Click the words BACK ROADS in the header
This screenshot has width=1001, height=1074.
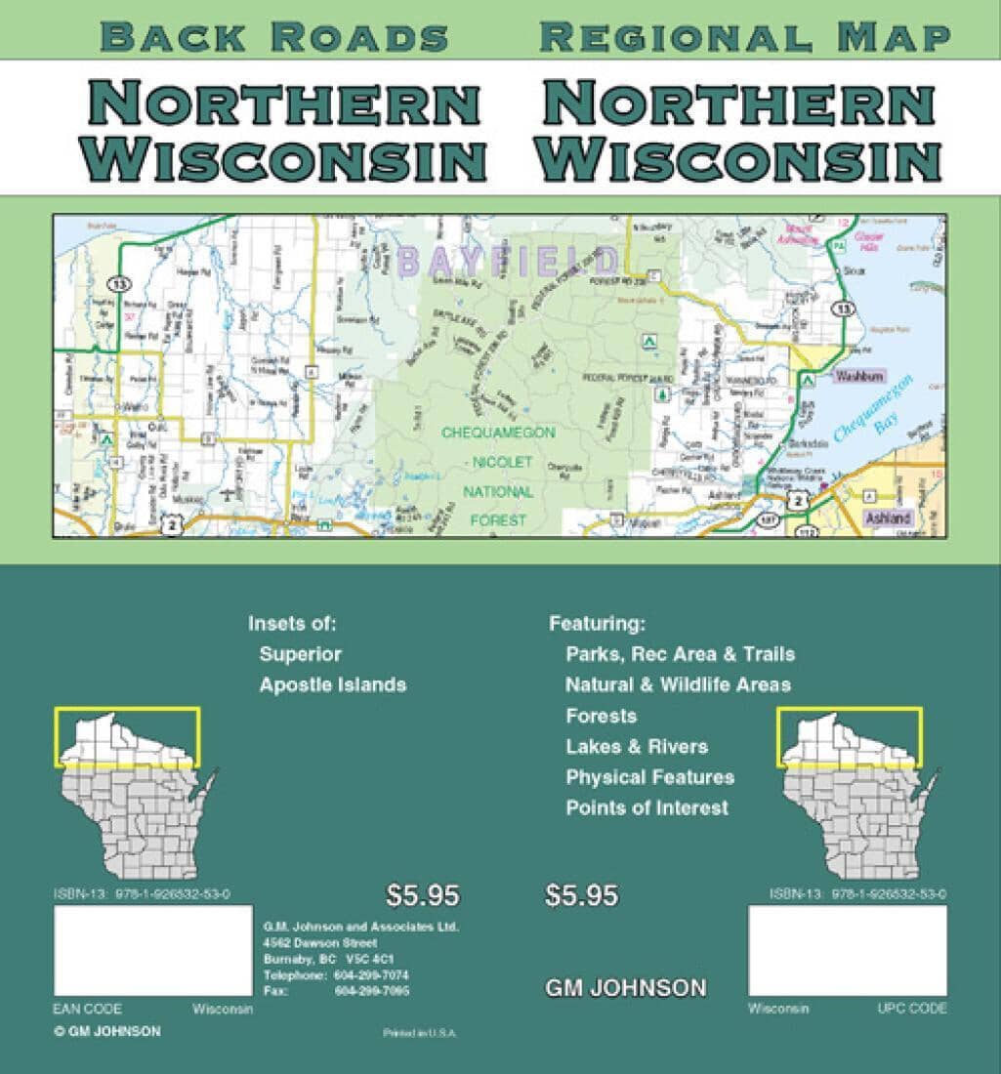pyautogui.click(x=274, y=37)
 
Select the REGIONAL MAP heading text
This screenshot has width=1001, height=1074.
pyautogui.click(x=745, y=37)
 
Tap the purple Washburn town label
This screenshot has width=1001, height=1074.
pyautogui.click(x=858, y=375)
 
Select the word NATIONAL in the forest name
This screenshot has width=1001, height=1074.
pyautogui.click(x=498, y=492)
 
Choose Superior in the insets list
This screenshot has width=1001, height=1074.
pyautogui.click(x=300, y=654)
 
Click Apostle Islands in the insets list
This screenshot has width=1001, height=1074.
pyautogui.click(x=332, y=684)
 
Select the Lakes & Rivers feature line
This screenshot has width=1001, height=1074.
pyautogui.click(x=637, y=747)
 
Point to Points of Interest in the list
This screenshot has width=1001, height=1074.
pyautogui.click(x=646, y=807)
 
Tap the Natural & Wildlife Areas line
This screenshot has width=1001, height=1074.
pyautogui.click(x=678, y=684)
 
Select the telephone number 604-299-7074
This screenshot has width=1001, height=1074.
pyautogui.click(x=371, y=975)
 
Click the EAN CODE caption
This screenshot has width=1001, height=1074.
pyautogui.click(x=87, y=1009)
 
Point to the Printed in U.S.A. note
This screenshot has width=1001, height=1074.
pyautogui.click(x=420, y=1032)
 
